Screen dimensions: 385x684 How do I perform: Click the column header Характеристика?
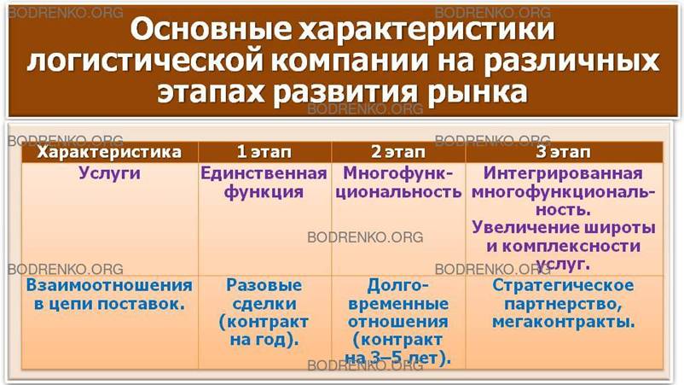click(108, 152)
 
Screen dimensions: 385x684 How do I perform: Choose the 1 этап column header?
click(264, 152)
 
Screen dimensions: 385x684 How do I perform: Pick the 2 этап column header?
click(397, 152)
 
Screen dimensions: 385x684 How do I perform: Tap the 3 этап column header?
click(564, 152)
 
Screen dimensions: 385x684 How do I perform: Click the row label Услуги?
click(108, 173)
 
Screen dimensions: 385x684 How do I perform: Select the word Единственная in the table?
click(264, 173)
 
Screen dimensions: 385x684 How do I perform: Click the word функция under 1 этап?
click(264, 192)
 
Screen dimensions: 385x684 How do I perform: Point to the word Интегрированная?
click(564, 173)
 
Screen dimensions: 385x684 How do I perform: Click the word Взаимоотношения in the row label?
click(108, 284)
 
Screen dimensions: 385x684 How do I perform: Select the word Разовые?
click(264, 284)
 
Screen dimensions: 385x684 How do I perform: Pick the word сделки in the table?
click(264, 303)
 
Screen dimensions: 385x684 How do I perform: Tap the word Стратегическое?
click(564, 284)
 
